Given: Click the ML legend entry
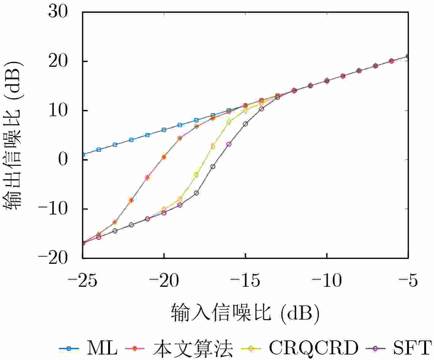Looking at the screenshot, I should coord(89,348).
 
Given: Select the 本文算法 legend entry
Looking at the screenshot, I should coord(179,348).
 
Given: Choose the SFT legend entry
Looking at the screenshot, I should coord(398,348).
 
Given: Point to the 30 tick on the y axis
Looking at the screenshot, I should coord(58,12).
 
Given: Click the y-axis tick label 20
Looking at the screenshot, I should coord(58,61).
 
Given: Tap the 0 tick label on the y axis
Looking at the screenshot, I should coord(63,160).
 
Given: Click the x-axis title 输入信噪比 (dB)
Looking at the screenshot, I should coord(245,313).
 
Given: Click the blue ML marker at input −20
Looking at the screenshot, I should coord(164,130).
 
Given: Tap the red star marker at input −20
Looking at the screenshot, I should coord(164,157).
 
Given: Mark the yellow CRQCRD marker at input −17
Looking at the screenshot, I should coord(213,146).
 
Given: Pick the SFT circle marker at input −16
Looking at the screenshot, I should coord(229,144).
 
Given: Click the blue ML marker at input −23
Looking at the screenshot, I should coord(115,145).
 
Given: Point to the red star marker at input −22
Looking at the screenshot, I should coord(131,200).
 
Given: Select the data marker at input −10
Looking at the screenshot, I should coord(326,81).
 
